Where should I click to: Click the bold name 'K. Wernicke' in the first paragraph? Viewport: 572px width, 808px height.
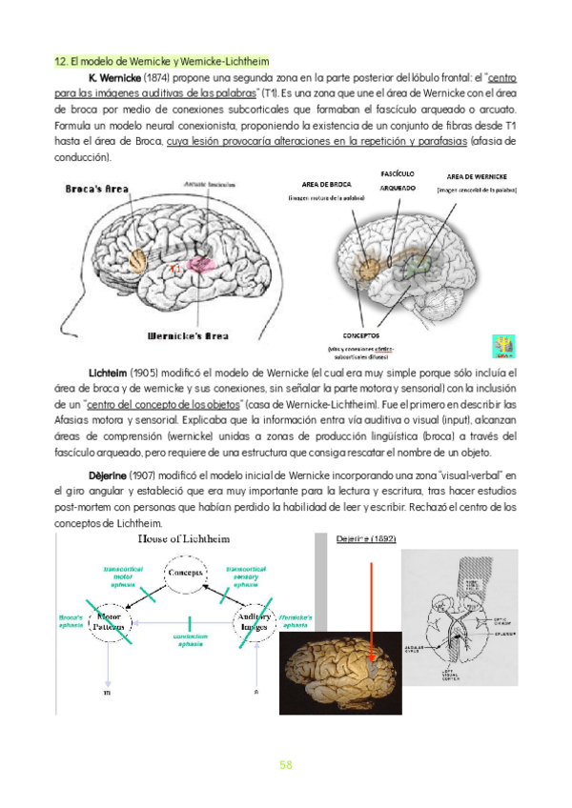(x=114, y=77)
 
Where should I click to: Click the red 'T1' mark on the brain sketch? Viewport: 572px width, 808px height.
(x=175, y=270)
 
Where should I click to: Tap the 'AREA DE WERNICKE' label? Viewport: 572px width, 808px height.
(x=476, y=176)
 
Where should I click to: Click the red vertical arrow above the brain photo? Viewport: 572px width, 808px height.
(x=373, y=610)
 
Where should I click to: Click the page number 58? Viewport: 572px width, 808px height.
(x=286, y=764)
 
